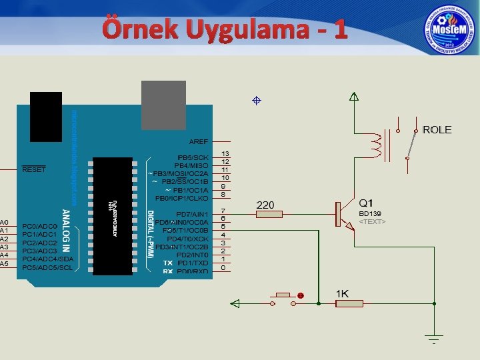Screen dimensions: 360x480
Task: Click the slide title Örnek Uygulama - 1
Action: pyautogui.click(x=224, y=30)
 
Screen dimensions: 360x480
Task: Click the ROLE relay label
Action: pyautogui.click(x=437, y=130)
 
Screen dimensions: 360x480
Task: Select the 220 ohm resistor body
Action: pyautogui.click(x=269, y=214)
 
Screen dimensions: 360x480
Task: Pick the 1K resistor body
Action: pyautogui.click(x=349, y=303)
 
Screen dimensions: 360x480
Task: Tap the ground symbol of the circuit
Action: pyautogui.click(x=434, y=339)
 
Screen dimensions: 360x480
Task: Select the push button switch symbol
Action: pyautogui.click(x=283, y=297)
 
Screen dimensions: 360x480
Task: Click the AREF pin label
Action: pyautogui.click(x=199, y=141)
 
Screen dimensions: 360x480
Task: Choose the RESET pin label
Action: pyautogui.click(x=34, y=169)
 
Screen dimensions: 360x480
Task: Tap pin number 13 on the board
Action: pyautogui.click(x=225, y=153)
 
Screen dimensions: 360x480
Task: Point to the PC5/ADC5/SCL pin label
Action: pyautogui.click(x=48, y=267)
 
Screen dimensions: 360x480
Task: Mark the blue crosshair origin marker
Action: pyautogui.click(x=255, y=101)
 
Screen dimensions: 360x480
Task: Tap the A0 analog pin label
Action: pyautogui.click(x=5, y=223)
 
